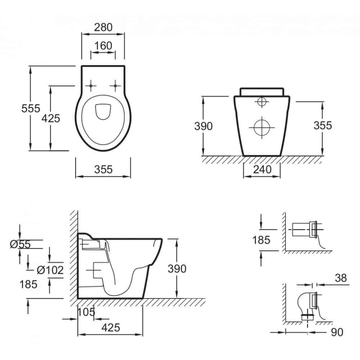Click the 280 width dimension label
[103, 27]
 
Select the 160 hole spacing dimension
[103, 46]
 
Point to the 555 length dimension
[31, 108]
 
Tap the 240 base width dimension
[262, 170]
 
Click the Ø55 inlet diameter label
[20, 244]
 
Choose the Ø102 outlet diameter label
[50, 270]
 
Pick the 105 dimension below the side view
[86, 312]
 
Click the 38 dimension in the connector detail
[341, 278]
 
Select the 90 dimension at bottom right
[337, 332]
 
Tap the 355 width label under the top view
[103, 170]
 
